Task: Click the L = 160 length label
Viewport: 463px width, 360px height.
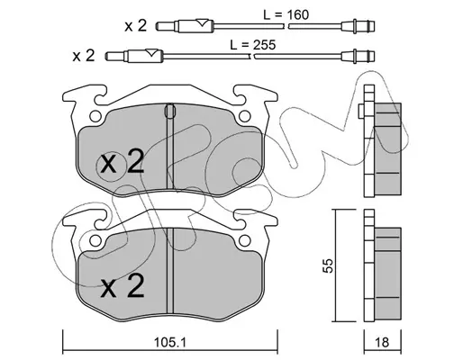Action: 286,14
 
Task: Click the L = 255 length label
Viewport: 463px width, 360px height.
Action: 252,45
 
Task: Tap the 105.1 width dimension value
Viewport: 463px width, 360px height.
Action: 170,342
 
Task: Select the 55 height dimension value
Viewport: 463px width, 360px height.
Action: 330,265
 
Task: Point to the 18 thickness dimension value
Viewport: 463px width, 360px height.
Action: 382,342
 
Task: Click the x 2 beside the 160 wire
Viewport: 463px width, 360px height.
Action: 136,26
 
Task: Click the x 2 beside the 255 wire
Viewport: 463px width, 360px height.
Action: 84,56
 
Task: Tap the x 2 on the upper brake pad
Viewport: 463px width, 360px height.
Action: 123,162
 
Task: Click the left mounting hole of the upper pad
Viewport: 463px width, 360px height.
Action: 95,116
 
